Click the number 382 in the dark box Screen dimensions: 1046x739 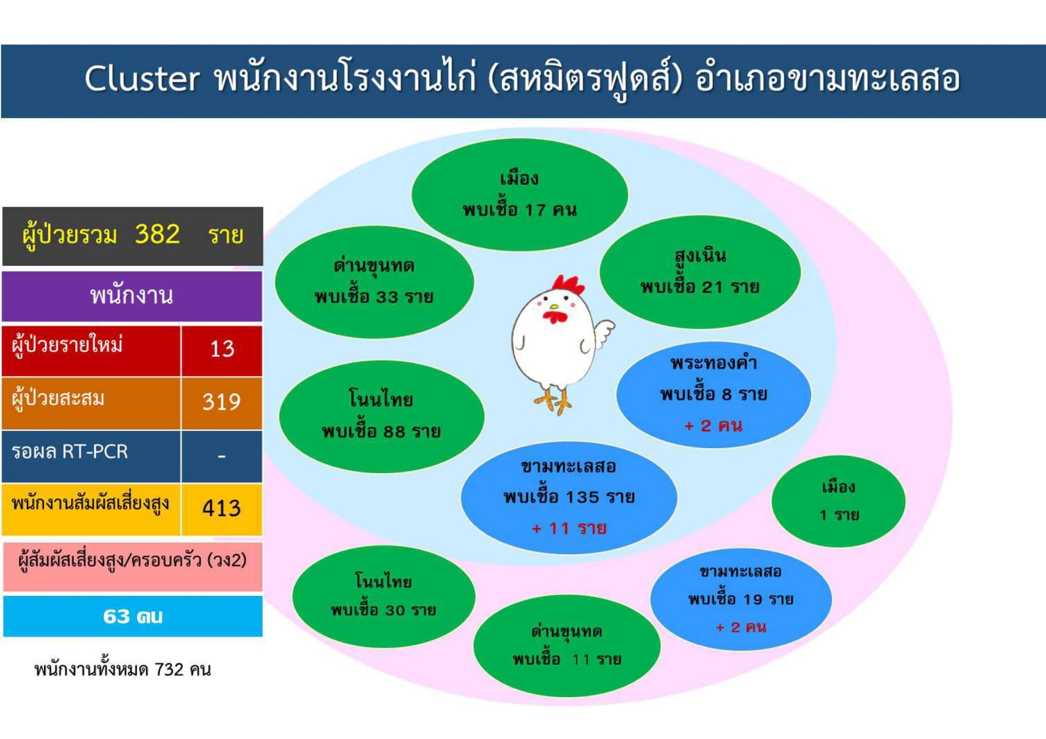pyautogui.click(x=157, y=234)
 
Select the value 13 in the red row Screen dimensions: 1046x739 pyautogui.click(x=222, y=349)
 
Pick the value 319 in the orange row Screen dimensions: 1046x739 pyautogui.click(x=221, y=402)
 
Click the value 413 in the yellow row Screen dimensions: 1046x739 pyautogui.click(x=221, y=508)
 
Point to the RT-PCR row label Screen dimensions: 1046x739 pyautogui.click(x=70, y=451)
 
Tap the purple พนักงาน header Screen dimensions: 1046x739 pyautogui.click(x=132, y=296)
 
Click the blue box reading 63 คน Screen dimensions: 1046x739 pyautogui.click(x=132, y=616)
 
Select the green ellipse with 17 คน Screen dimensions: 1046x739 pyautogui.click(x=519, y=194)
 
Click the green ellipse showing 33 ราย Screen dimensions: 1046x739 pyautogui.click(x=374, y=282)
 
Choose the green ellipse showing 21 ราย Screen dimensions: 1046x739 pyautogui.click(x=700, y=272)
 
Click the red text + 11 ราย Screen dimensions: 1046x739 pyautogui.click(x=569, y=528)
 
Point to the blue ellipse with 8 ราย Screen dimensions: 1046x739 pyautogui.click(x=713, y=394)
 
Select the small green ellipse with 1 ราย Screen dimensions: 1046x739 pyautogui.click(x=839, y=501)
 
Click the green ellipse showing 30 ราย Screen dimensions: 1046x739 pyautogui.click(x=383, y=596)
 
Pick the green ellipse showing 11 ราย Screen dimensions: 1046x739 pyautogui.click(x=567, y=645)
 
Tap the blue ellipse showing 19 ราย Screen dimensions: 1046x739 pyautogui.click(x=740, y=599)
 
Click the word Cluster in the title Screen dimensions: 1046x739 pyautogui.click(x=142, y=79)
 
